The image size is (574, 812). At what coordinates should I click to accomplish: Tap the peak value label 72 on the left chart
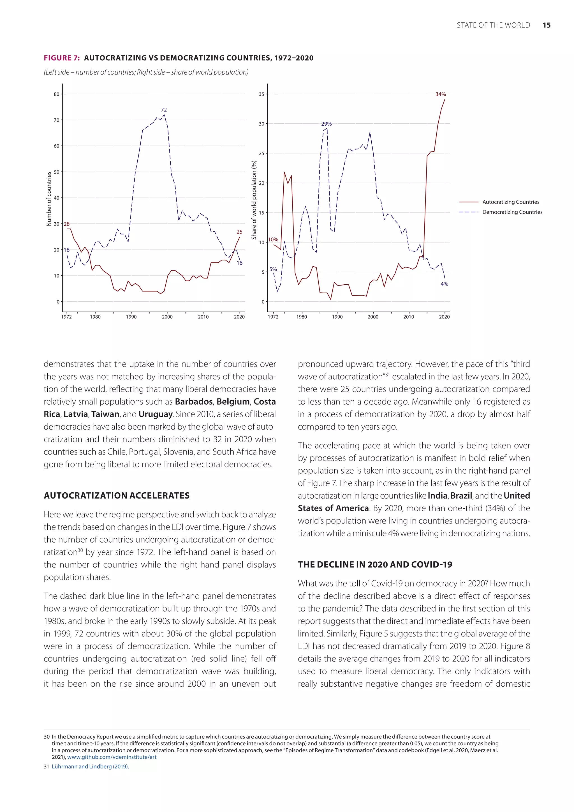164,110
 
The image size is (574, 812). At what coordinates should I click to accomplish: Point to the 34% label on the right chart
440,94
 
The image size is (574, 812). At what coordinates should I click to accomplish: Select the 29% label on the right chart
326,124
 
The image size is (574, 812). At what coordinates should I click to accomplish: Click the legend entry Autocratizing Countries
510,202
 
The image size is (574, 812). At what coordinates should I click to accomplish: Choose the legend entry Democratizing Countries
512,212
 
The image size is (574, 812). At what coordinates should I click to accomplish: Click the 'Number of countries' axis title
49,199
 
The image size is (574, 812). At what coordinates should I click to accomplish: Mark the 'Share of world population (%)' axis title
253,200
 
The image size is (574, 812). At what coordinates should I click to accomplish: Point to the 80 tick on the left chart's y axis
57,94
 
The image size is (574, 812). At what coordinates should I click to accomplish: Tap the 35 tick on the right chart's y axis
261,94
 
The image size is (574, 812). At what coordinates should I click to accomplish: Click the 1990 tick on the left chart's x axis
131,317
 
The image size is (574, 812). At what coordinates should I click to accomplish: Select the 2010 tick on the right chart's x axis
409,317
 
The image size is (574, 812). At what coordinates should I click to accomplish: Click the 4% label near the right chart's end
444,284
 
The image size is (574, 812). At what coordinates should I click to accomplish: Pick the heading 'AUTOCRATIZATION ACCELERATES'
117,495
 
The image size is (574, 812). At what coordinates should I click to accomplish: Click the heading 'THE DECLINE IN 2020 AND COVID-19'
375,564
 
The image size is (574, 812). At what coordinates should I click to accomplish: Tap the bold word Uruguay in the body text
156,414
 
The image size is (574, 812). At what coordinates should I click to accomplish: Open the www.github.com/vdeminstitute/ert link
112,757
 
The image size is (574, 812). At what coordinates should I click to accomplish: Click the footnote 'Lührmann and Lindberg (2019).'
90,767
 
